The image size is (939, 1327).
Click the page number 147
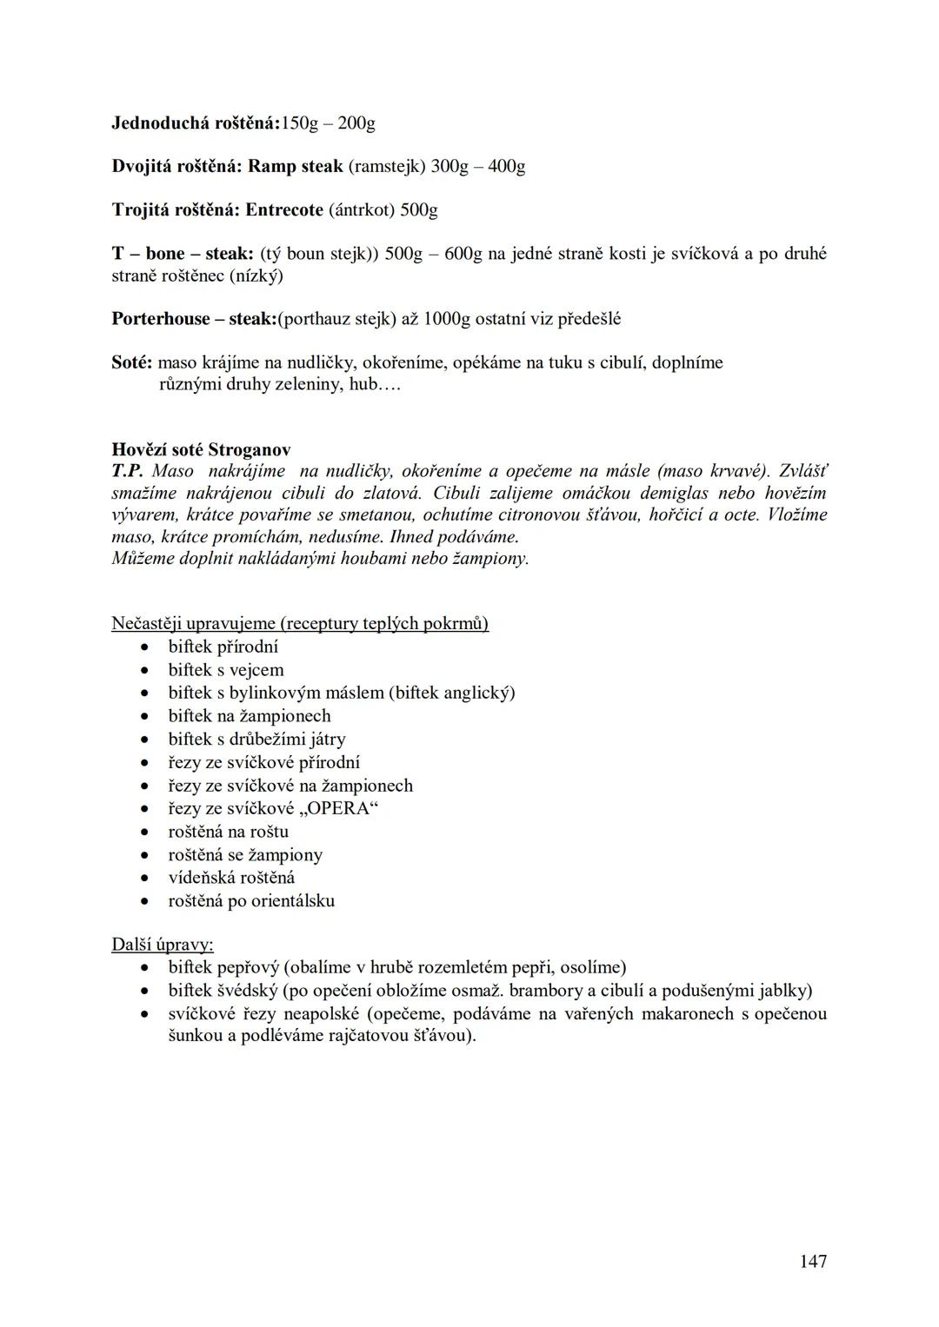pyautogui.click(x=813, y=1261)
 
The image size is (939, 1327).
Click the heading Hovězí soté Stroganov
pyautogui.click(x=201, y=450)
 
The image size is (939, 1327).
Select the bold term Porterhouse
pyautogui.click(x=161, y=319)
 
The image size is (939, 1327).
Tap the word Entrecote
pyautogui.click(x=285, y=210)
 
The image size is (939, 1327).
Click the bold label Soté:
pyautogui.click(x=132, y=362)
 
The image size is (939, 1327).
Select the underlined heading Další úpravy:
pyautogui.click(x=163, y=945)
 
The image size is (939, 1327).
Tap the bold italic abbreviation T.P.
pyautogui.click(x=127, y=471)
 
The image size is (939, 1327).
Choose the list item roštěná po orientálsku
pyautogui.click(x=251, y=901)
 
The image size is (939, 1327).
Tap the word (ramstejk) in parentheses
pyautogui.click(x=387, y=166)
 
